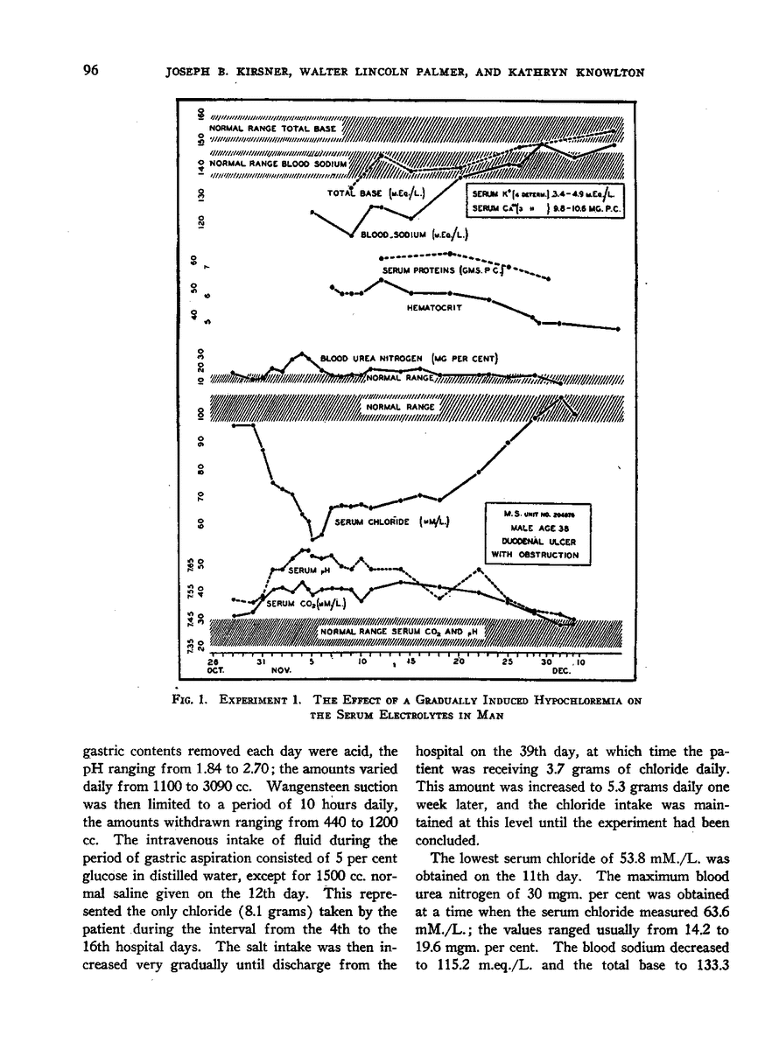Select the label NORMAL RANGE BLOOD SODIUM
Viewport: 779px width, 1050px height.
pyautogui.click(x=279, y=164)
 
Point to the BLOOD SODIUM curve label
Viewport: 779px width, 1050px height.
pyautogui.click(x=414, y=234)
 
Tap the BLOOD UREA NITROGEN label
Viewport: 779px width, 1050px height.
pyautogui.click(x=409, y=358)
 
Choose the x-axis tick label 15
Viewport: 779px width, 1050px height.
pyautogui.click(x=409, y=661)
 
